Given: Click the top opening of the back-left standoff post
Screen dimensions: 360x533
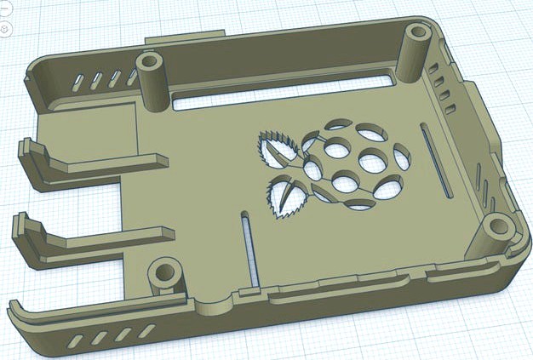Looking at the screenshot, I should point(151,62).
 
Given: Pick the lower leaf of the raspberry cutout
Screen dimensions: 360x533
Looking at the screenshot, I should point(289,197).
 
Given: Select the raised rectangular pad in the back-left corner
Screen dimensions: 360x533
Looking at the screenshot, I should point(89,127).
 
